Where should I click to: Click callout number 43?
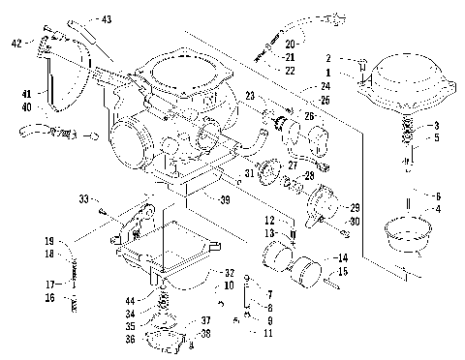[x=107, y=19]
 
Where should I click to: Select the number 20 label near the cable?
[x=292, y=45]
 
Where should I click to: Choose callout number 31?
[x=248, y=173]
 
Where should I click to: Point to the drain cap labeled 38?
[x=165, y=340]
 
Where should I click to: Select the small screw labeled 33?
[x=101, y=203]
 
